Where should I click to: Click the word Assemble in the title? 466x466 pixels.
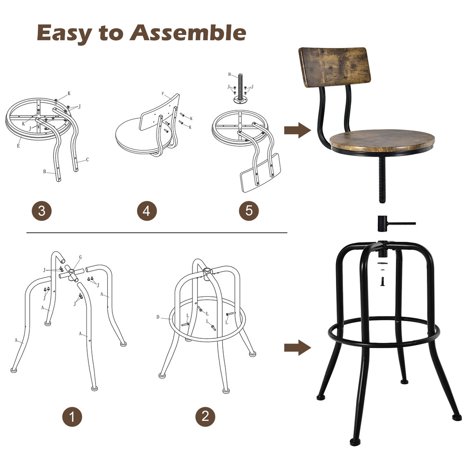(x=188, y=33)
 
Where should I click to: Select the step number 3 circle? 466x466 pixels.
(x=42, y=211)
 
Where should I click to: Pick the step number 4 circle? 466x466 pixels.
(x=147, y=211)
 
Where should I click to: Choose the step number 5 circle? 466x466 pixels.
(x=249, y=211)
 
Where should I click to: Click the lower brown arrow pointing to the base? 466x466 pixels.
(x=297, y=347)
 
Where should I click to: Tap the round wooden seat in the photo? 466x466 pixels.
(x=382, y=140)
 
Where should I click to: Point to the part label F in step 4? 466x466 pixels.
(x=163, y=94)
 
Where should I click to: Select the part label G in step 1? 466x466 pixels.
(x=80, y=257)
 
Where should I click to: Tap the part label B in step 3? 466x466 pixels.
(x=45, y=171)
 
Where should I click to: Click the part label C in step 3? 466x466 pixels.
(x=87, y=160)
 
